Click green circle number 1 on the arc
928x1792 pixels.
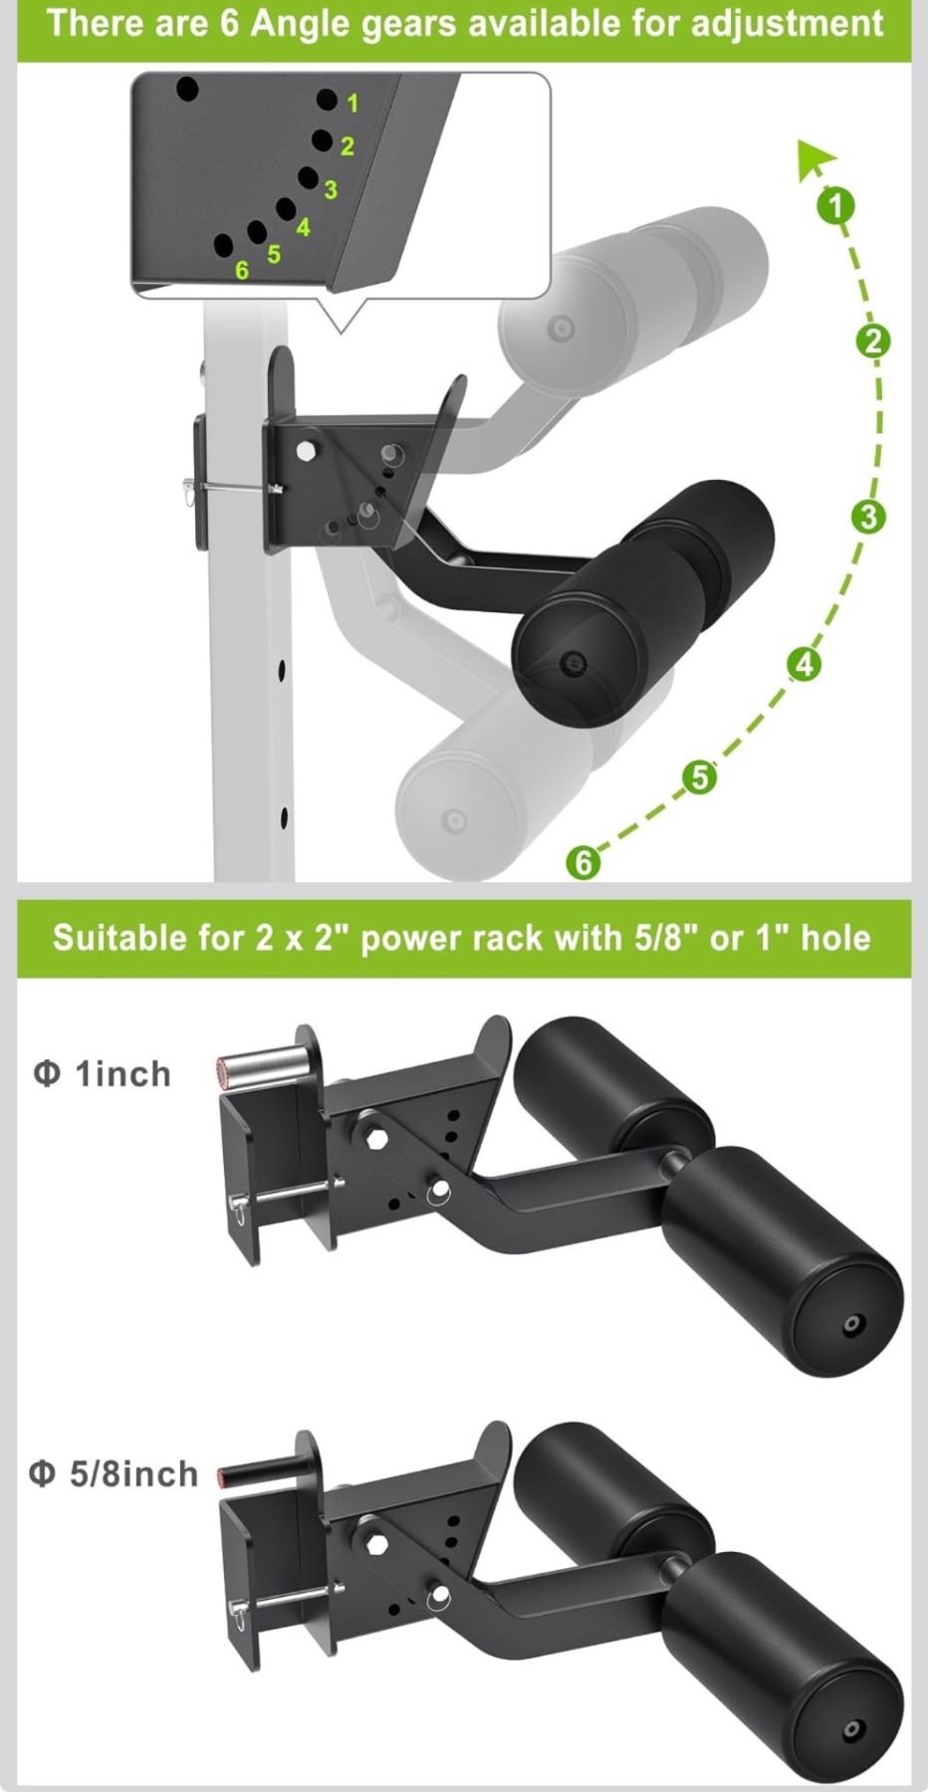836,205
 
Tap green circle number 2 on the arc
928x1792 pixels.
873,341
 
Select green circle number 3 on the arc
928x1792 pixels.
869,517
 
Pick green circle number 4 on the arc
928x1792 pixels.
805,664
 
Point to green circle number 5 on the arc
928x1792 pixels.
700,777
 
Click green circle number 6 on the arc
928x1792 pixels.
583,861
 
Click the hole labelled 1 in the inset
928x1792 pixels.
327,100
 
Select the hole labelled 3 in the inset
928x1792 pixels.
308,178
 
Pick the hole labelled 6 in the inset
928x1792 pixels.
224,245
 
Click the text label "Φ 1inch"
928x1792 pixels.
103,1074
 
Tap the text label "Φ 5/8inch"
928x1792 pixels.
114,1474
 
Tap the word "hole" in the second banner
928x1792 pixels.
835,938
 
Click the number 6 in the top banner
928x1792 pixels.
229,23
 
